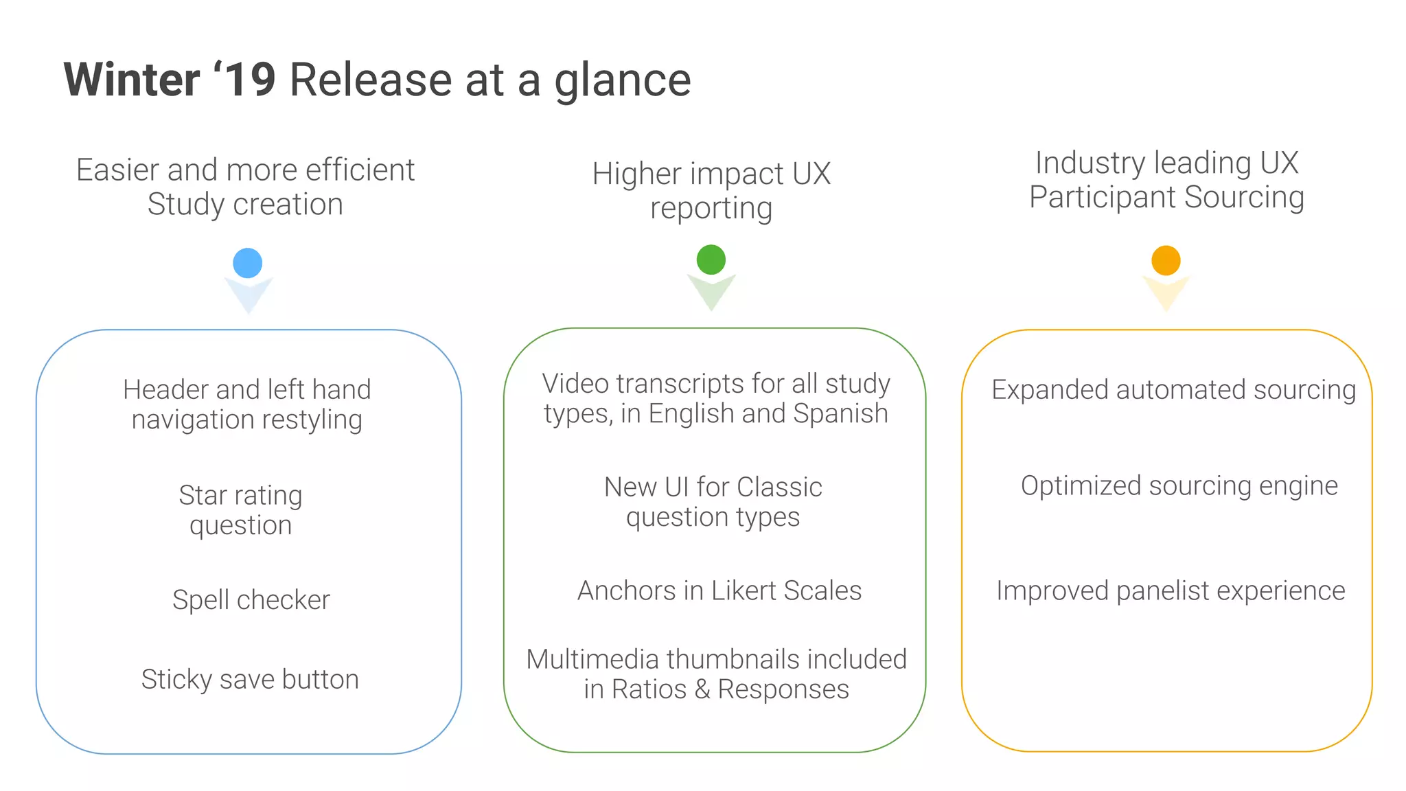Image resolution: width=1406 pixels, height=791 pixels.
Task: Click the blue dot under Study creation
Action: point(248,263)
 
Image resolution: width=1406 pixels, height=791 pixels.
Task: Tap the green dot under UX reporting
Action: point(711,260)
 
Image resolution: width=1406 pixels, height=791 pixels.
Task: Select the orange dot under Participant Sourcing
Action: point(1166,261)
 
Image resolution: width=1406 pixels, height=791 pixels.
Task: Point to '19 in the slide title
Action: point(246,80)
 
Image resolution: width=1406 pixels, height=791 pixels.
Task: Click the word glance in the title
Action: point(622,81)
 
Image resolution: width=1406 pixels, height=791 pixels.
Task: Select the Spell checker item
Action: point(251,600)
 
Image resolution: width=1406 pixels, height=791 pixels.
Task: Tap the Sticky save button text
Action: point(250,679)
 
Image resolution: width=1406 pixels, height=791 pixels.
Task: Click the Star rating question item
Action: point(240,509)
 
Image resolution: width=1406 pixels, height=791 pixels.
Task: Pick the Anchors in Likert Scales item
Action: point(719,591)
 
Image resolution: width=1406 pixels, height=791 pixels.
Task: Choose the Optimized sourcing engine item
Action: point(1179,485)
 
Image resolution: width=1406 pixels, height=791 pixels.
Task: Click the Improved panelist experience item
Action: point(1171,591)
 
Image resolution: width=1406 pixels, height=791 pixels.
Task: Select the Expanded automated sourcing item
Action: point(1173,389)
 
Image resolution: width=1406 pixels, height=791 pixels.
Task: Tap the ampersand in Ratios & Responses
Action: point(702,689)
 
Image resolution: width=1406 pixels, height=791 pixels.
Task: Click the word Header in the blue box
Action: point(166,389)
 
